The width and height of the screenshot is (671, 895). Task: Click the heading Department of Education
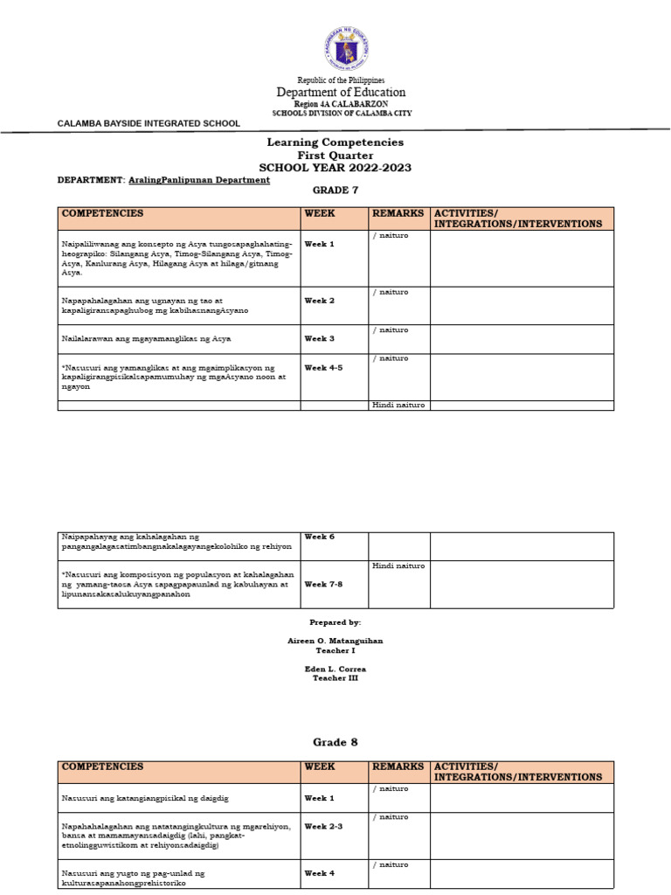pyautogui.click(x=341, y=92)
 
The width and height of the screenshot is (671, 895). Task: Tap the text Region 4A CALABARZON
pyautogui.click(x=341, y=103)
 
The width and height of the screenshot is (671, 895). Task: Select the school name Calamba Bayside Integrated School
pyautogui.click(x=149, y=123)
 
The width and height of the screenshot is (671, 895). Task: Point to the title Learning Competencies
pyautogui.click(x=335, y=142)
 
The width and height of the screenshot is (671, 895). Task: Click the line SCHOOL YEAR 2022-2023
pyautogui.click(x=335, y=167)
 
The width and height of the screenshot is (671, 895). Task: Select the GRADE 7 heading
pyautogui.click(x=335, y=190)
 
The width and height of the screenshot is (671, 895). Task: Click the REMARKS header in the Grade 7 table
pyautogui.click(x=398, y=213)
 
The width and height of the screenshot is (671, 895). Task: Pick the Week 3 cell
pyautogui.click(x=319, y=338)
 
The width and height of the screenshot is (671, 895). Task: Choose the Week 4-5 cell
pyautogui.click(x=323, y=368)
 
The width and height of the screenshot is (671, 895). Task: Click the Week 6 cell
pyautogui.click(x=319, y=536)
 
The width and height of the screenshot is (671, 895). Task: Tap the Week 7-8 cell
pyautogui.click(x=323, y=584)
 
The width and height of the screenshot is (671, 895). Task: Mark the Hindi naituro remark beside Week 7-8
pyautogui.click(x=398, y=565)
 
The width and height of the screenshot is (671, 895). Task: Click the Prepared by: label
pyautogui.click(x=335, y=621)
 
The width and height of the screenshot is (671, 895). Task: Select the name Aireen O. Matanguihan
pyautogui.click(x=335, y=641)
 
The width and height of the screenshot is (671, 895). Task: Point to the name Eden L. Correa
pyautogui.click(x=335, y=669)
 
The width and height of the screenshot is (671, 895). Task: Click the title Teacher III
pyautogui.click(x=335, y=678)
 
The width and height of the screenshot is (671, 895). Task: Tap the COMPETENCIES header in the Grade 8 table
pyautogui.click(x=102, y=767)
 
